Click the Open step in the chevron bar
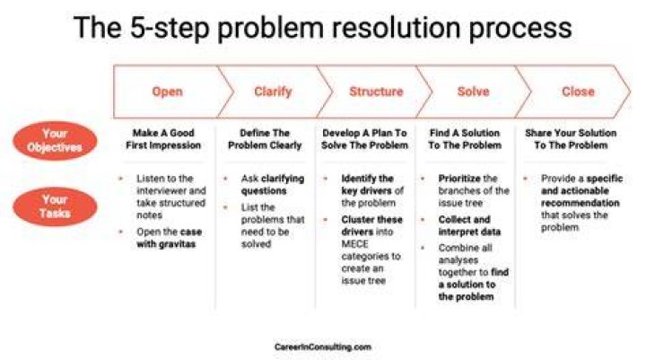tap(167, 92)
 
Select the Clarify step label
tap(273, 92)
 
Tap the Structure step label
tap(376, 92)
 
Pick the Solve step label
tap(474, 92)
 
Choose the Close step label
tap(578, 92)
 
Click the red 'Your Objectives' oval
tap(55, 141)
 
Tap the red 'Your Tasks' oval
tap(55, 206)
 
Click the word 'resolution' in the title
tap(397, 28)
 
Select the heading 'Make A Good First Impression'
tap(163, 139)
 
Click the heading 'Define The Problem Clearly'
tap(265, 139)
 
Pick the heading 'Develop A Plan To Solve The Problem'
tap(364, 139)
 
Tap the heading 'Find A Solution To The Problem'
tap(465, 139)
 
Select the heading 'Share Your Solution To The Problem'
tap(571, 139)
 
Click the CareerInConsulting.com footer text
tap(323, 347)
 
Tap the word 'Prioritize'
tap(459, 179)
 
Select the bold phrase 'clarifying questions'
tap(273, 185)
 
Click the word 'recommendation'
tap(581, 203)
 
